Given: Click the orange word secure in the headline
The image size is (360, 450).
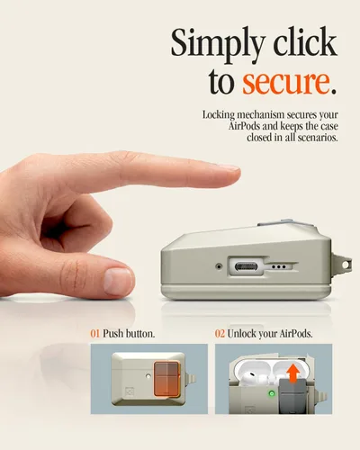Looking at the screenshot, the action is (285, 82).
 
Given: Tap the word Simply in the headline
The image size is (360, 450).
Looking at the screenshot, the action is (218, 44).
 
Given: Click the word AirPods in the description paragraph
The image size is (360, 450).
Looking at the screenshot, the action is (244, 126).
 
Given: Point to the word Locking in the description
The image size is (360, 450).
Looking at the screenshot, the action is (219, 115).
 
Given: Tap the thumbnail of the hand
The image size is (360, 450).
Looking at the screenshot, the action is (118, 281).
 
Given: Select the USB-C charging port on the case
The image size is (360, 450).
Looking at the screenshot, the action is (246, 266).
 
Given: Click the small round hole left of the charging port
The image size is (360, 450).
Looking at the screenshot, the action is (220, 265).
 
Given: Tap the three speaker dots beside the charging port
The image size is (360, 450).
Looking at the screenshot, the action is (279, 266).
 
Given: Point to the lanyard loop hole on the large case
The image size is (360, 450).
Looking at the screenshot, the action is (346, 265).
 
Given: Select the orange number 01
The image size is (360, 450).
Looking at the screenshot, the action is (94, 334).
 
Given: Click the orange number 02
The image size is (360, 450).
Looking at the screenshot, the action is (220, 334).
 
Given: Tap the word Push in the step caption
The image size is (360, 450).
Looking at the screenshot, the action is (112, 334).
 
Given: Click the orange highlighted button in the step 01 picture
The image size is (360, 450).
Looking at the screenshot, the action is (166, 379).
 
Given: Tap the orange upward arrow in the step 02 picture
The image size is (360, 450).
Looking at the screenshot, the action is (293, 373).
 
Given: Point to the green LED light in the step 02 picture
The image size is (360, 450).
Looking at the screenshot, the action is (272, 393).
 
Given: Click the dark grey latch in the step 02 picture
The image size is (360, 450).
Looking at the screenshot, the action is (293, 396).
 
